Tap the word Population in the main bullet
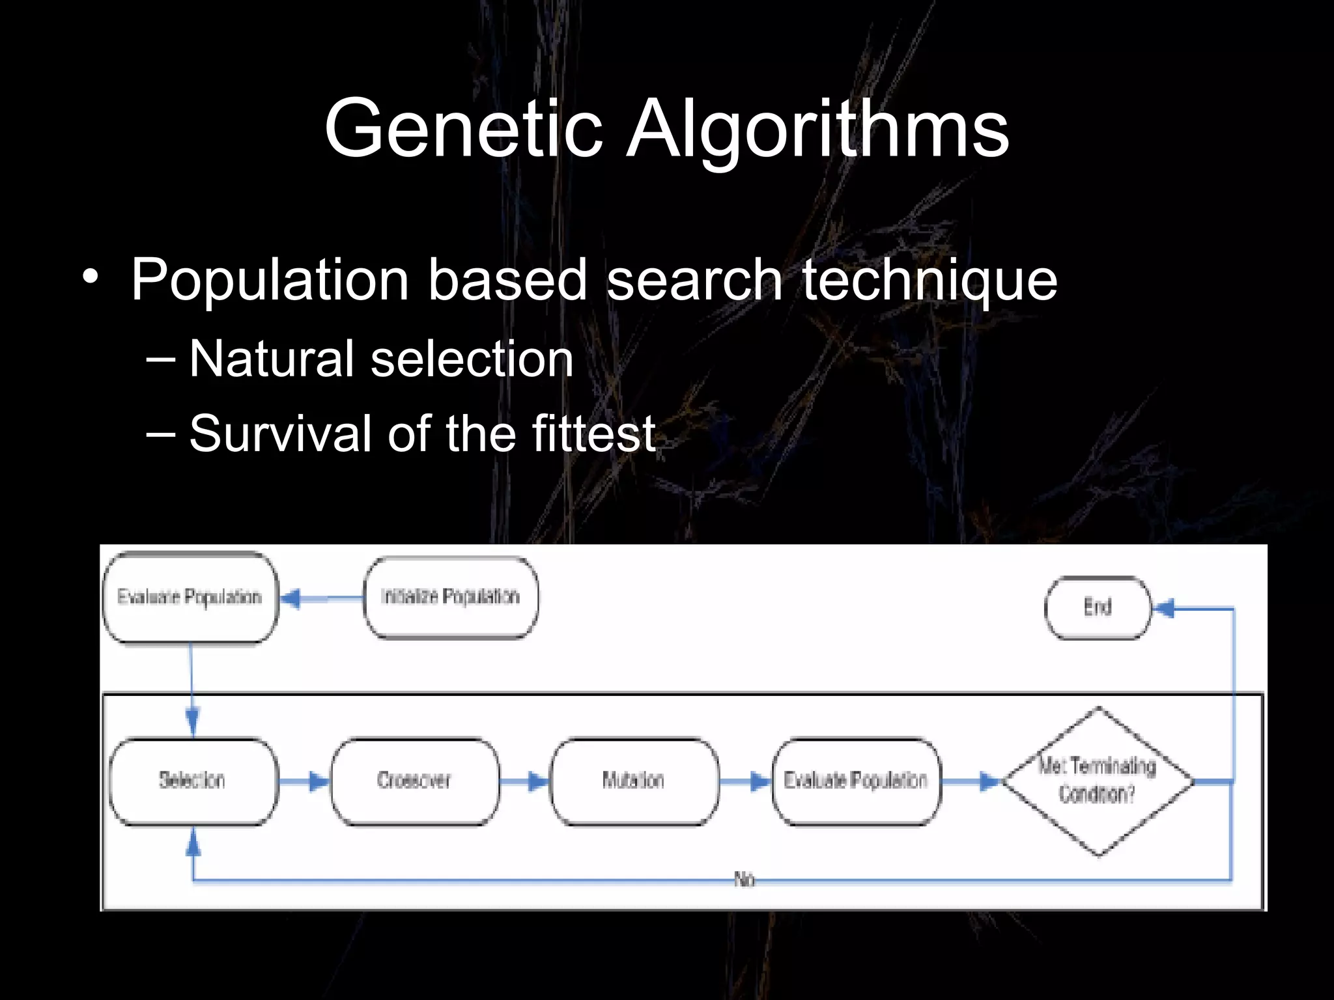click(x=269, y=280)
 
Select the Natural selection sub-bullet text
click(x=380, y=359)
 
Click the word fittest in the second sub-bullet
click(x=593, y=434)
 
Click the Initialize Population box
click(x=451, y=597)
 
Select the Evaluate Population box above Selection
click(x=190, y=597)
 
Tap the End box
click(x=1098, y=607)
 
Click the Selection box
click(x=193, y=781)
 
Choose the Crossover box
click(x=414, y=781)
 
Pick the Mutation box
click(x=634, y=781)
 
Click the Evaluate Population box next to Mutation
click(x=856, y=781)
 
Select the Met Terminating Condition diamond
click(x=1098, y=781)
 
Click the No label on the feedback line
click(x=744, y=880)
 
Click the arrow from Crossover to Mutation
click(x=525, y=781)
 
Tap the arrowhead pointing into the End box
click(x=1163, y=609)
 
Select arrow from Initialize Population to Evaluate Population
click(x=321, y=598)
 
